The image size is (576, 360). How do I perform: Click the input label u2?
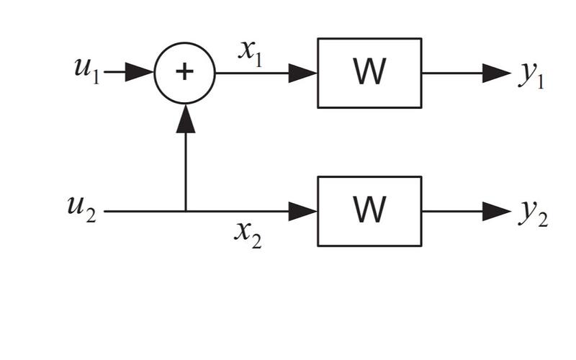(x=80, y=210)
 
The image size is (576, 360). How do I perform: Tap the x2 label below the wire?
(x=248, y=233)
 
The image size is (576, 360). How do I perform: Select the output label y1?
(x=531, y=76)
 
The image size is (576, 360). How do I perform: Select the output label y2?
(x=533, y=215)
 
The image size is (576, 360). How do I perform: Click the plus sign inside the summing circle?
(x=185, y=73)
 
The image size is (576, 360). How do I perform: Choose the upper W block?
(x=369, y=73)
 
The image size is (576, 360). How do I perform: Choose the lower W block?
(x=369, y=211)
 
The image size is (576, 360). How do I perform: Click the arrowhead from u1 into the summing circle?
(x=140, y=73)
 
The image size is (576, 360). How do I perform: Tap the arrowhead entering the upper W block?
(x=303, y=73)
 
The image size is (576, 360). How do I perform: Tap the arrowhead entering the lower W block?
(x=303, y=211)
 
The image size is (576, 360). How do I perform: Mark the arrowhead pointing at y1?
(x=497, y=73)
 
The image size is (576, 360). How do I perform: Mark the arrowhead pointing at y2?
(x=497, y=211)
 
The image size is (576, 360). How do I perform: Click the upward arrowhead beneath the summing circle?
(x=186, y=119)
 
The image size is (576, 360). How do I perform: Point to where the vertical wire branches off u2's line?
(x=186, y=211)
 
